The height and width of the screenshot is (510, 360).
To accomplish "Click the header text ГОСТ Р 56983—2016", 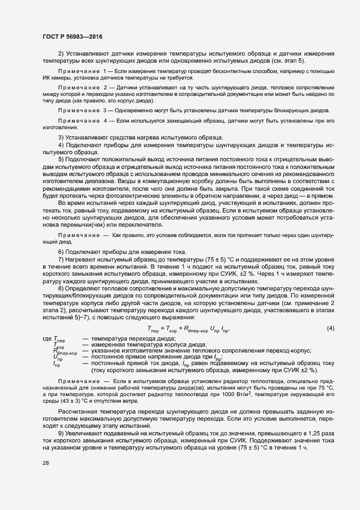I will pyautogui.click(x=72, y=37).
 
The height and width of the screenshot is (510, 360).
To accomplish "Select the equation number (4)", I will pyautogui.click(x=330, y=327).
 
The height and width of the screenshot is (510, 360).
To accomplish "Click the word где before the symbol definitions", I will pyautogui.click(x=47, y=339).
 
